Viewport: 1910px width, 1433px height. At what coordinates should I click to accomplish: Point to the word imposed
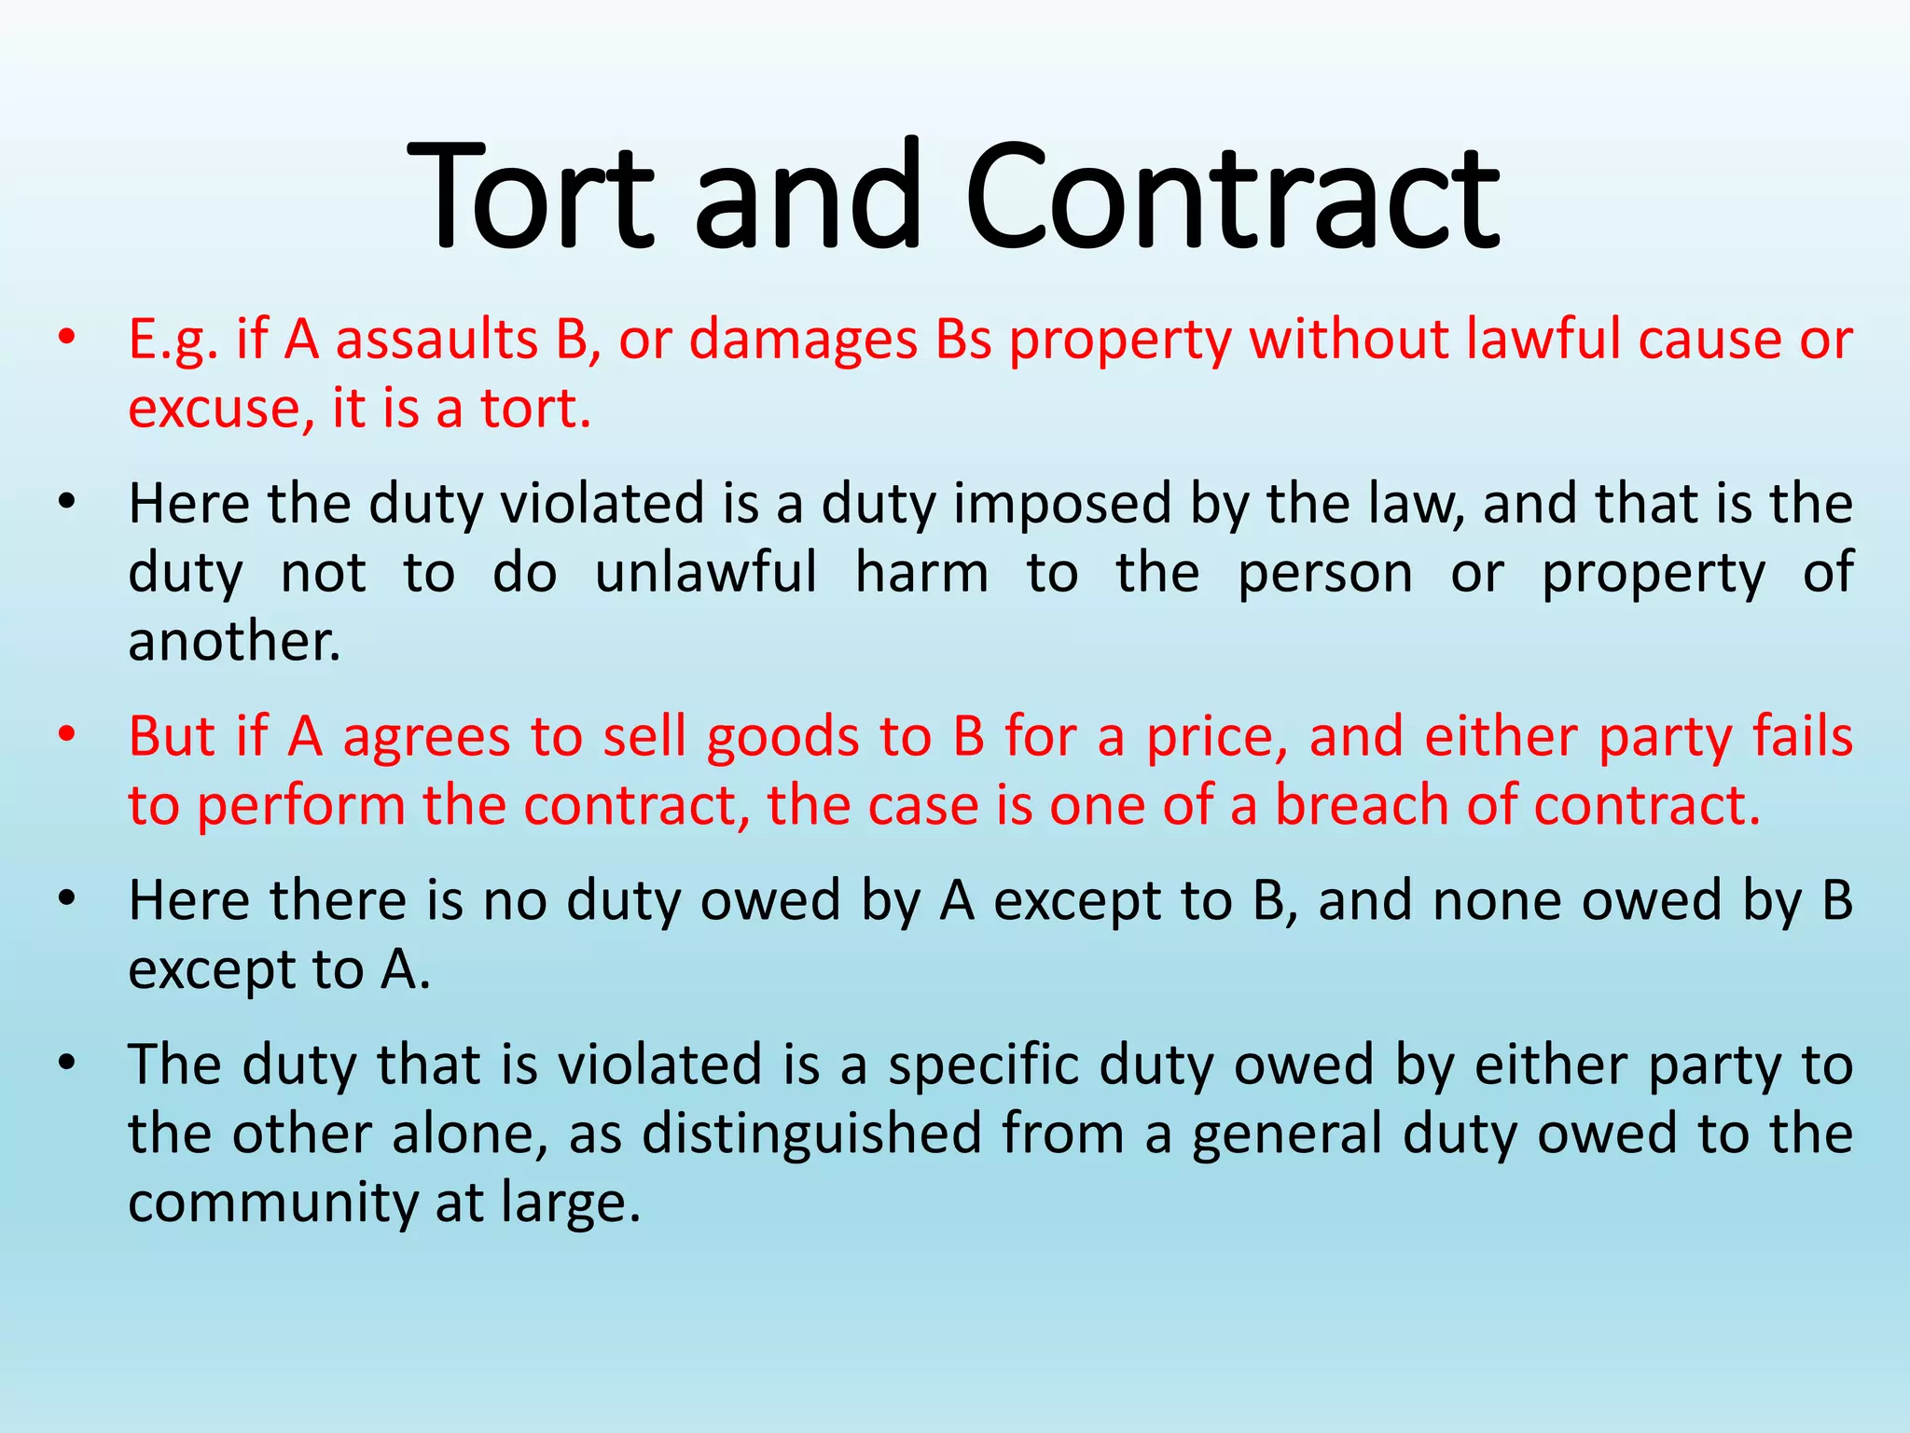pyautogui.click(x=1061, y=504)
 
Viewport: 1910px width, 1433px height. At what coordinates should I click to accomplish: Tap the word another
pyautogui.click(x=234, y=642)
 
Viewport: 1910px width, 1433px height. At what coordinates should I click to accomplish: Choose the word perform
pyautogui.click(x=301, y=807)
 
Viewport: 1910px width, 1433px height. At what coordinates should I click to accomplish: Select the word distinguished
pyautogui.click(x=811, y=1134)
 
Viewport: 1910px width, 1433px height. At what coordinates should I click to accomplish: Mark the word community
pyautogui.click(x=272, y=1203)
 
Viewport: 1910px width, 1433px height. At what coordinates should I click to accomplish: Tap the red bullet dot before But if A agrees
pyautogui.click(x=64, y=735)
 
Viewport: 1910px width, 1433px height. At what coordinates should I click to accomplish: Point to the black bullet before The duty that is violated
pyautogui.click(x=64, y=1063)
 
